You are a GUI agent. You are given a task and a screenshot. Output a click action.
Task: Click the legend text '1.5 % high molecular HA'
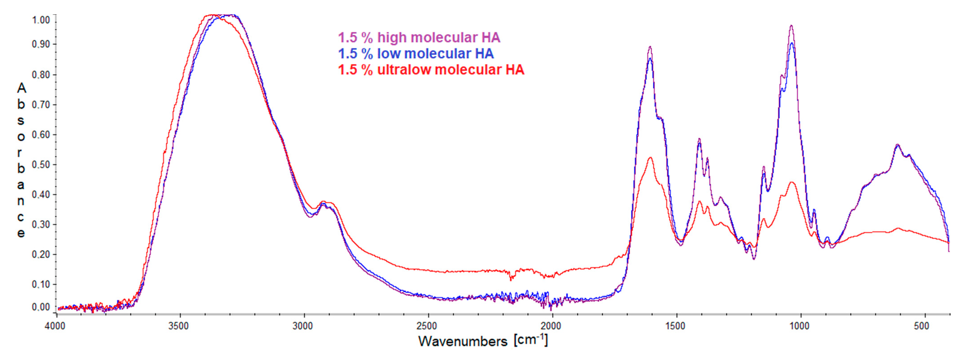pyautogui.click(x=419, y=38)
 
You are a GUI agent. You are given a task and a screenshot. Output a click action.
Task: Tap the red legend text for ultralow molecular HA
pyautogui.click(x=431, y=70)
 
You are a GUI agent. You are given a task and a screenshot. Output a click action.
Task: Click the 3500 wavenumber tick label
pyautogui.click(x=178, y=326)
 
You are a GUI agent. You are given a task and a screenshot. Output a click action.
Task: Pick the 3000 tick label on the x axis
pyautogui.click(x=303, y=326)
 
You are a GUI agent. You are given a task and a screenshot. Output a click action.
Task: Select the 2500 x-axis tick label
pyautogui.click(x=427, y=326)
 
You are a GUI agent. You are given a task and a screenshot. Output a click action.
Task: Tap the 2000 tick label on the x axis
pyautogui.click(x=551, y=326)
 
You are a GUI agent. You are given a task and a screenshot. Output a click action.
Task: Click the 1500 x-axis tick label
pyautogui.click(x=675, y=326)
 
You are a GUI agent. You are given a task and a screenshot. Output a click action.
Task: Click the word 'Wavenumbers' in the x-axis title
pyautogui.click(x=462, y=341)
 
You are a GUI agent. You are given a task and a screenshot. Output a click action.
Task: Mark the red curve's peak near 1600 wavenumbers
pyautogui.click(x=650, y=158)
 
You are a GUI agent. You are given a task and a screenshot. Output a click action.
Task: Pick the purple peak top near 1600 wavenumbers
pyautogui.click(x=650, y=47)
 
